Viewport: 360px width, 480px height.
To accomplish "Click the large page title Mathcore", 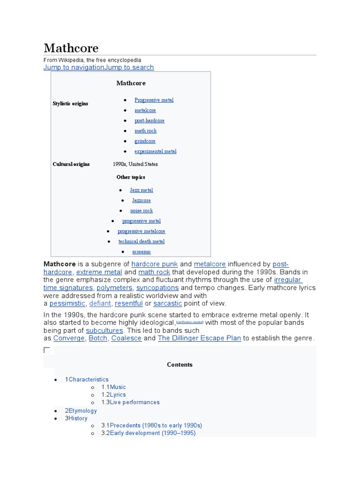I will coord(71,48).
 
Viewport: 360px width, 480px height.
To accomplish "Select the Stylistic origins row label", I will coord(70,104).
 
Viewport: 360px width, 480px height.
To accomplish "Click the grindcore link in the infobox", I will coord(145,141).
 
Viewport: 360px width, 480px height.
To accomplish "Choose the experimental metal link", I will coord(155,151).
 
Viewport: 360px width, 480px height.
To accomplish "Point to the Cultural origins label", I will coord(71,165).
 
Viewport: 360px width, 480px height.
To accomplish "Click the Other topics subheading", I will coord(131,177).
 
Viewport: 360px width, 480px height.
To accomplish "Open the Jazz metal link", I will coord(142,190).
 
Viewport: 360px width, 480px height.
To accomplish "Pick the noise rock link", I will coord(142,210).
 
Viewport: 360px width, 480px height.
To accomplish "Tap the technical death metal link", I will coord(141,241).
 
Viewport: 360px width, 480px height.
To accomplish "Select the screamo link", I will coord(142,252).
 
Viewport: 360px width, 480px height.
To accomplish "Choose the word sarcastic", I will coord(168,303).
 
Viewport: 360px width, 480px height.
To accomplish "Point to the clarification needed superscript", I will coord(190,322).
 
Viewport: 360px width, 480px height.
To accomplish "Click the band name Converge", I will coord(69,338).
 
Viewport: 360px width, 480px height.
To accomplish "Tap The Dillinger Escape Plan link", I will coord(199,338).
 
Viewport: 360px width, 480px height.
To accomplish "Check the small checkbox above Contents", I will coord(47,350).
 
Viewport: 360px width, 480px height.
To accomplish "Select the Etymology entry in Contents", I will coord(82,411).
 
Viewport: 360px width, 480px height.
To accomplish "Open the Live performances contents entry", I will coord(135,402).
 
